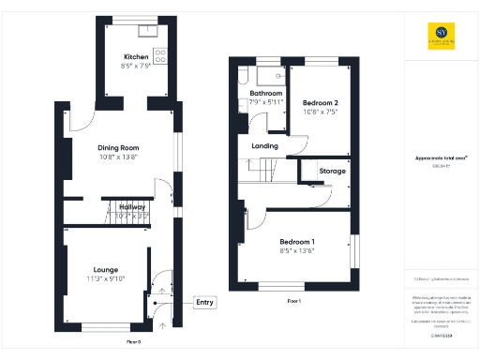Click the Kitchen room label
[137, 57]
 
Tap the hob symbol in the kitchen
[159, 56]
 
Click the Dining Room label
[118, 147]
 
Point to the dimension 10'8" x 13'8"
[118, 157]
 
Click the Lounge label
[105, 268]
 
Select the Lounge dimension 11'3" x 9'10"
[105, 277]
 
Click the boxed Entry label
[204, 302]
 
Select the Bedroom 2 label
[322, 101]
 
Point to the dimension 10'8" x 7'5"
[322, 111]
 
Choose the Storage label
[332, 172]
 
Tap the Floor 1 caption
[293, 301]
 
